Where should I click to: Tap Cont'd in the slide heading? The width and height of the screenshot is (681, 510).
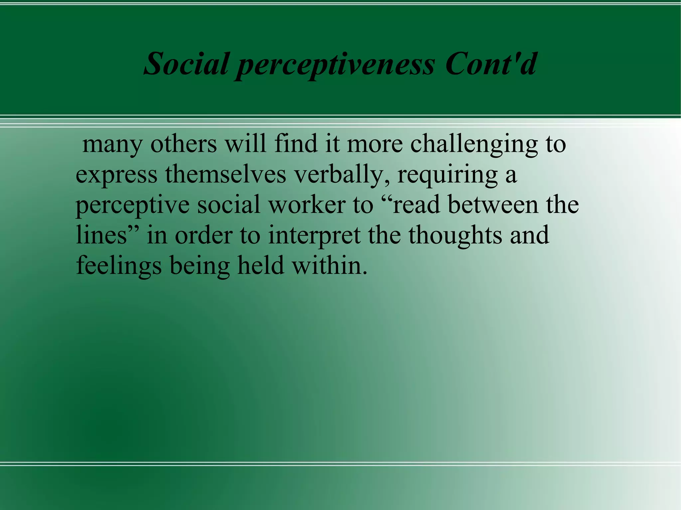[491, 64]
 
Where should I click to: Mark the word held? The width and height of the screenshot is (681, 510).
[261, 265]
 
